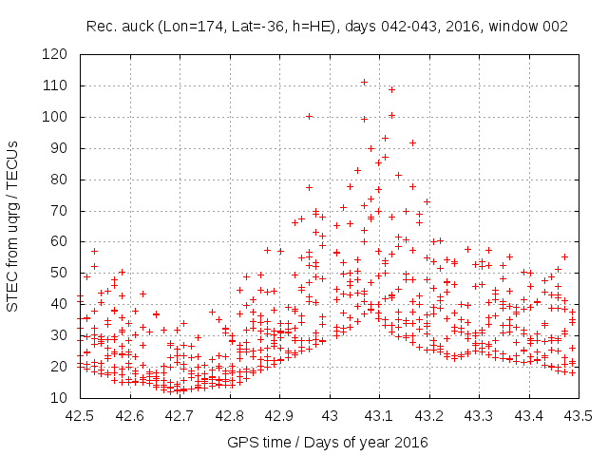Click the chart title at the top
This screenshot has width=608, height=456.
coord(326,28)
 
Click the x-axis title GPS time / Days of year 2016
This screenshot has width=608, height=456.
coord(327,442)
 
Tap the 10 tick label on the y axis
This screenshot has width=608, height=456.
coord(60,398)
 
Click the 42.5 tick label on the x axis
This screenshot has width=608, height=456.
coord(79,415)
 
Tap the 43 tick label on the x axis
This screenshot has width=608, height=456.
coord(329,415)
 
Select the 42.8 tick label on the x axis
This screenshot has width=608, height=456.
coord(229,415)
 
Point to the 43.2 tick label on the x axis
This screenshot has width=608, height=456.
coord(428,415)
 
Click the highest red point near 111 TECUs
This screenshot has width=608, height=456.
coord(364,83)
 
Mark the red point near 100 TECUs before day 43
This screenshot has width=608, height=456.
coord(309,116)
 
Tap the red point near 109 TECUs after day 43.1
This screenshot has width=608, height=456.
coord(391,89)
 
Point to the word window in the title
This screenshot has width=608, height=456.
coord(508,28)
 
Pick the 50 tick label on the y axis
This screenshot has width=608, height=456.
coord(60,274)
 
